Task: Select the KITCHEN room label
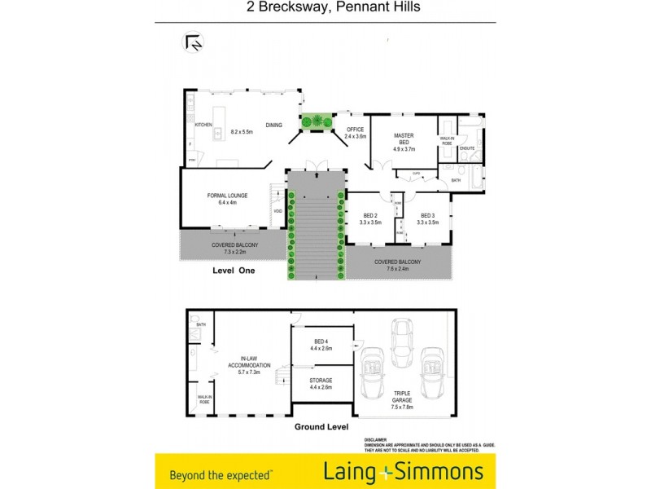[203, 124]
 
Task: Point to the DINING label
[273, 124]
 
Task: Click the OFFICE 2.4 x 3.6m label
[355, 133]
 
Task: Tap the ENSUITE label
[467, 148]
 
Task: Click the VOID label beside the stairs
[278, 211]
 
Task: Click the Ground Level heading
[321, 426]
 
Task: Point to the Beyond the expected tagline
[221, 474]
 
